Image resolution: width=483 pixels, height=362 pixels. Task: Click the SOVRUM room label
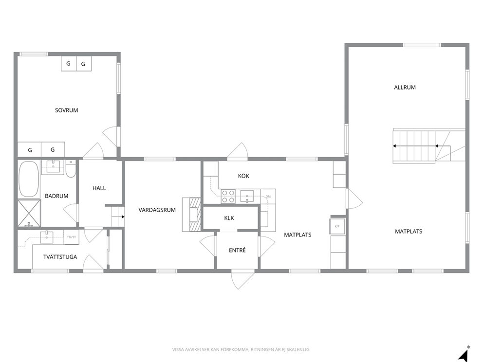pos(67,110)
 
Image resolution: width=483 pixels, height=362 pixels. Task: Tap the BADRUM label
pos(56,196)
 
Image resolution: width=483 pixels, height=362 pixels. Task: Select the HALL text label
pos(99,188)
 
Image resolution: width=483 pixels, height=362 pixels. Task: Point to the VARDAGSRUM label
pos(157,210)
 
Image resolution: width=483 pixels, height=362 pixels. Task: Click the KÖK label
pos(243,176)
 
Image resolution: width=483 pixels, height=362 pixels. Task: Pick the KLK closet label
pos(229,218)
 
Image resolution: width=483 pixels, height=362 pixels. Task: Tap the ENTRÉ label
pos(237,250)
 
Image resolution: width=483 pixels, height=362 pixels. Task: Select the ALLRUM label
pos(405,88)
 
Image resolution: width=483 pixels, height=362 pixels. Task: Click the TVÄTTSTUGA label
pos(60,257)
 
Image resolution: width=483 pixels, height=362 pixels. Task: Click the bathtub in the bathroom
pos(29,179)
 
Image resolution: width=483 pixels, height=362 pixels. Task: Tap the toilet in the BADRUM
pos(71,169)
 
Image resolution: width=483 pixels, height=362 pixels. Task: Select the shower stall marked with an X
pos(29,213)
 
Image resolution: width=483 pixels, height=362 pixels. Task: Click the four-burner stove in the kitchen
pos(228,197)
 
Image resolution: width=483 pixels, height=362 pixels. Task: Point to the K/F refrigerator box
pos(337,226)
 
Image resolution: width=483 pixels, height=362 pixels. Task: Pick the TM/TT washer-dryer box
pos(72,237)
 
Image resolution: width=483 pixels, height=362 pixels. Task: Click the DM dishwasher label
pos(268,197)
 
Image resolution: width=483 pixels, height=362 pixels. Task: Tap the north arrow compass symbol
pos(464,354)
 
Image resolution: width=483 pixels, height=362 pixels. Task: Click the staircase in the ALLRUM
pos(428,146)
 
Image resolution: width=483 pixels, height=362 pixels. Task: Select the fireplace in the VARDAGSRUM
pos(192,214)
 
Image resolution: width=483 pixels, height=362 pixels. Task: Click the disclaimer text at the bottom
pos(241,349)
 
